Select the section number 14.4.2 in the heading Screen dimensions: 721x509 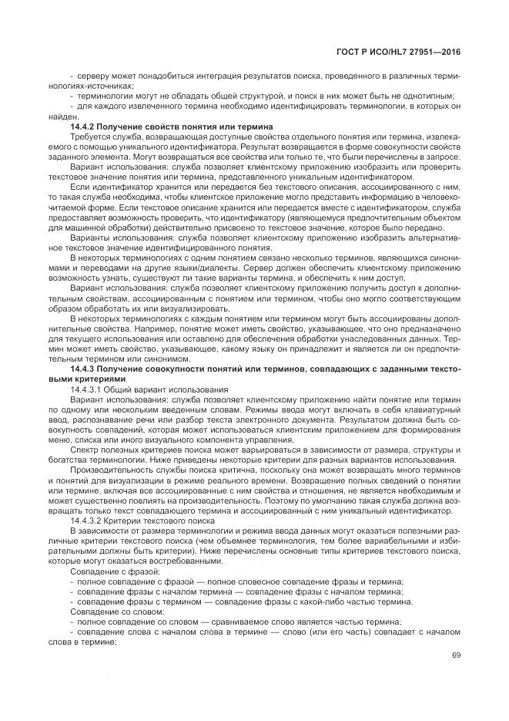coord(82,126)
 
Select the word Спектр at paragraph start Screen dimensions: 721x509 coord(84,448)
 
